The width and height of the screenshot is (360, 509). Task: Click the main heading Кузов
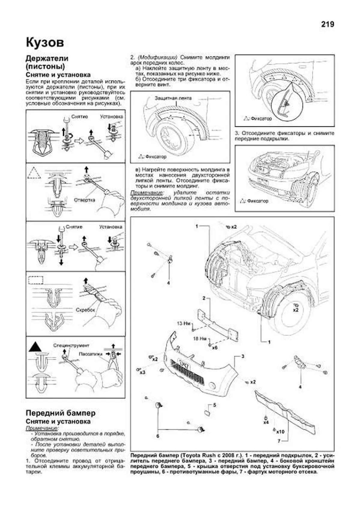coord(45,42)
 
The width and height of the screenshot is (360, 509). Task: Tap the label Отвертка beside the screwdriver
coord(84,200)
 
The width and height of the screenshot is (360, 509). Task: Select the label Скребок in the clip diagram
coord(85,310)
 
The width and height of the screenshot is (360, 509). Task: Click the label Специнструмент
coord(71,346)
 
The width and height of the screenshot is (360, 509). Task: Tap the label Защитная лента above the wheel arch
coord(173,98)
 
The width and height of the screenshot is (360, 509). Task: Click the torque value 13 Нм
coord(184,323)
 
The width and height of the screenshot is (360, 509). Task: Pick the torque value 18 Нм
coord(199,339)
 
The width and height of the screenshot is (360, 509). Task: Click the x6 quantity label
coord(214,348)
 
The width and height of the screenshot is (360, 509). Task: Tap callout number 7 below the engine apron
coord(279,441)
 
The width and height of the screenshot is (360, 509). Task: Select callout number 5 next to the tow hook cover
coord(214,405)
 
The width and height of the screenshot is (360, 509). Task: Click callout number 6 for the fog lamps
coord(158,436)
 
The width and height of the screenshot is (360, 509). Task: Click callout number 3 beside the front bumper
coord(243,356)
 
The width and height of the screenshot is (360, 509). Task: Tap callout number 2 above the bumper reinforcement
coord(204,298)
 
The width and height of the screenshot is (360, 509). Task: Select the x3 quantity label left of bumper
coord(142,372)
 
